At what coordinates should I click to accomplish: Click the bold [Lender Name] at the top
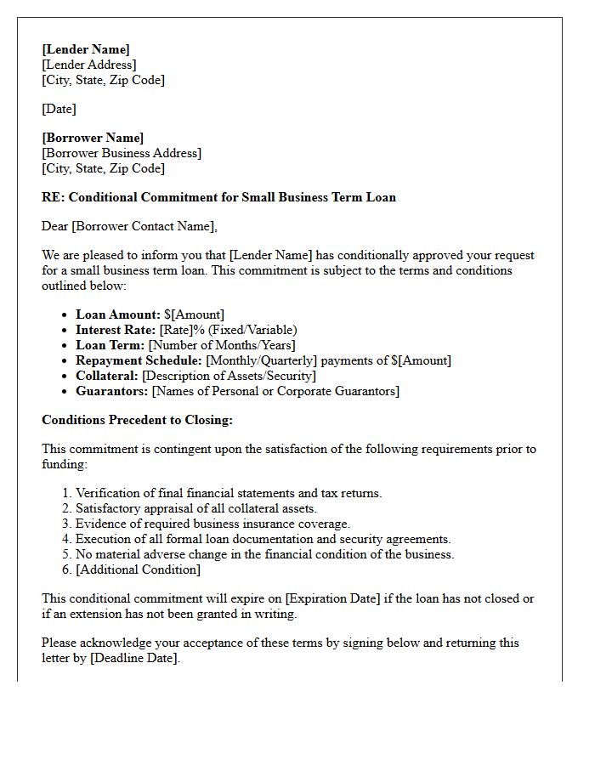click(x=86, y=49)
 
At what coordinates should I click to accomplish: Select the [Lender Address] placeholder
click(x=89, y=65)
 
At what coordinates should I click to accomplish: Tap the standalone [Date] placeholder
click(x=59, y=109)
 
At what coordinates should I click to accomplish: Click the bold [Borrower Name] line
click(x=93, y=138)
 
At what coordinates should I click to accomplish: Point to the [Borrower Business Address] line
click(x=122, y=153)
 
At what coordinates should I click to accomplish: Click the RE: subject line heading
click(x=218, y=197)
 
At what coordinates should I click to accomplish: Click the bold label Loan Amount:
click(x=117, y=314)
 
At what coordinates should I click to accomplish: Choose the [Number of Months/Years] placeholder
click(x=222, y=345)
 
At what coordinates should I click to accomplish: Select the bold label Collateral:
click(x=107, y=376)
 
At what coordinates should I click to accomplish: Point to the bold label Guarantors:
click(x=112, y=391)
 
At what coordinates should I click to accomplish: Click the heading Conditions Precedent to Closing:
click(x=137, y=420)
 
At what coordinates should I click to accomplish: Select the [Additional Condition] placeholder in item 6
click(x=138, y=569)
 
